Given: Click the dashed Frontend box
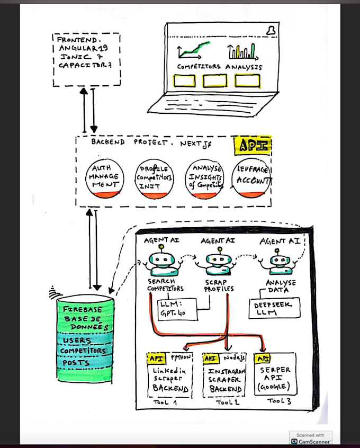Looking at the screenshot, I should click(86, 59).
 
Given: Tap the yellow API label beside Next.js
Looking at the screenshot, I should click(252, 145).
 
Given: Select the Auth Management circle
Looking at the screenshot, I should click(105, 178).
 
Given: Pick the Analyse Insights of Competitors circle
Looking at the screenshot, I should click(204, 178).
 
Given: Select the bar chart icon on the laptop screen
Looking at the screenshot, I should click(242, 51).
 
